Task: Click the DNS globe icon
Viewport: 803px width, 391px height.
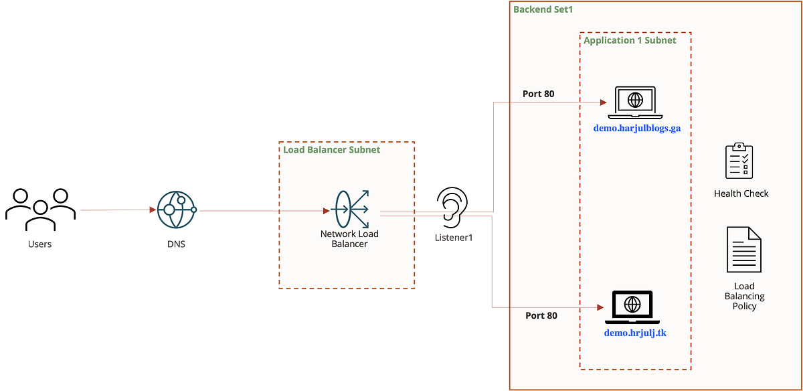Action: [x=176, y=210]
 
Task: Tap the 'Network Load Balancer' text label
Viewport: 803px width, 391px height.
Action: [x=349, y=239]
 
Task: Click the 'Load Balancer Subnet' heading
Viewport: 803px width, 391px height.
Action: [x=331, y=150]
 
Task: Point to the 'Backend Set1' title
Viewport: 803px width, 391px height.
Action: [x=543, y=9]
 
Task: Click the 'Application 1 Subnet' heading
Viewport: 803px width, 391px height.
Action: [x=630, y=40]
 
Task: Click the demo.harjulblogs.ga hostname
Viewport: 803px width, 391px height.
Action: [x=636, y=128]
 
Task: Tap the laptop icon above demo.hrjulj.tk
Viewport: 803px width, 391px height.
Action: [x=632, y=307]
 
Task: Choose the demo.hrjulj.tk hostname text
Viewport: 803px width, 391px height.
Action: [x=635, y=333]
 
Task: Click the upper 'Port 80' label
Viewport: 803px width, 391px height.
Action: [x=538, y=94]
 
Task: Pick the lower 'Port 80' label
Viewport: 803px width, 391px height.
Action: [x=541, y=315]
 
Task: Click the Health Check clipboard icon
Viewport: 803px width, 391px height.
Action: [x=739, y=160]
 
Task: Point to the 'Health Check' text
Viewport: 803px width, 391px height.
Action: [x=741, y=193]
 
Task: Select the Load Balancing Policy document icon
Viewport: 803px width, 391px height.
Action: [x=743, y=249]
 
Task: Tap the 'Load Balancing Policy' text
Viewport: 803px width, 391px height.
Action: [x=744, y=296]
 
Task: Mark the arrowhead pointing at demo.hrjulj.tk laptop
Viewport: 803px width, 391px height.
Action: [x=600, y=307]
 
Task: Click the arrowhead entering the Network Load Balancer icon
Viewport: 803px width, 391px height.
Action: [x=326, y=210]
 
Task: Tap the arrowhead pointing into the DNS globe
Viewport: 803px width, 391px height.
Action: [x=151, y=210]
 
